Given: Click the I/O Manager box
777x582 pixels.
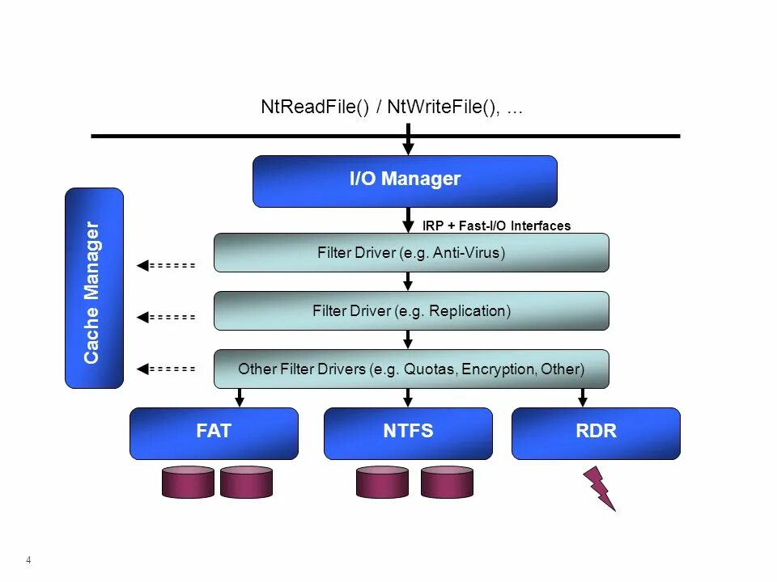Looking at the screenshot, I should [405, 181].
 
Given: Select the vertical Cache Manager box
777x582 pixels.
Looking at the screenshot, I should [94, 289].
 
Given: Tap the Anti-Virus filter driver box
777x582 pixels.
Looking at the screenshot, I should [411, 253].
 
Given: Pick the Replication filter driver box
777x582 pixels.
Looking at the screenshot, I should [411, 311].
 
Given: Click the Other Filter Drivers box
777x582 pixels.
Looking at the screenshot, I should [411, 369].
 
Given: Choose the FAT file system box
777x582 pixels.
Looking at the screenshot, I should [214, 432].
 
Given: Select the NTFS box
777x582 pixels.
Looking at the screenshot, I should [408, 432].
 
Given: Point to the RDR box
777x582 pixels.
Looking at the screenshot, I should [596, 432].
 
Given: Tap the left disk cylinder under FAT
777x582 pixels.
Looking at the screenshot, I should [188, 482].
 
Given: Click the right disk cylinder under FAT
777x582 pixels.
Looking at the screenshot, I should [246, 482].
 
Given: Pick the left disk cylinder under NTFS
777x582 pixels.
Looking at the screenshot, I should [382, 482].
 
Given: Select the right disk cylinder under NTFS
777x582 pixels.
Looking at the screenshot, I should [447, 482].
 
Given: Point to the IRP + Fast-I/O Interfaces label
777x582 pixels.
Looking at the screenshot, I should [496, 226].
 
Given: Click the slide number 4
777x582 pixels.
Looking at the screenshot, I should [28, 560].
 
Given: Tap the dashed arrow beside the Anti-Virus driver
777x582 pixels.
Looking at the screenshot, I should [166, 265].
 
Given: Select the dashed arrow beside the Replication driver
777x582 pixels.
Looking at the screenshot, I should [166, 318].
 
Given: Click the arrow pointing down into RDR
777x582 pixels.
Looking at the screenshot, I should [582, 397].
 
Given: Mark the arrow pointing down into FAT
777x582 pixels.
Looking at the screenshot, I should [239, 397].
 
